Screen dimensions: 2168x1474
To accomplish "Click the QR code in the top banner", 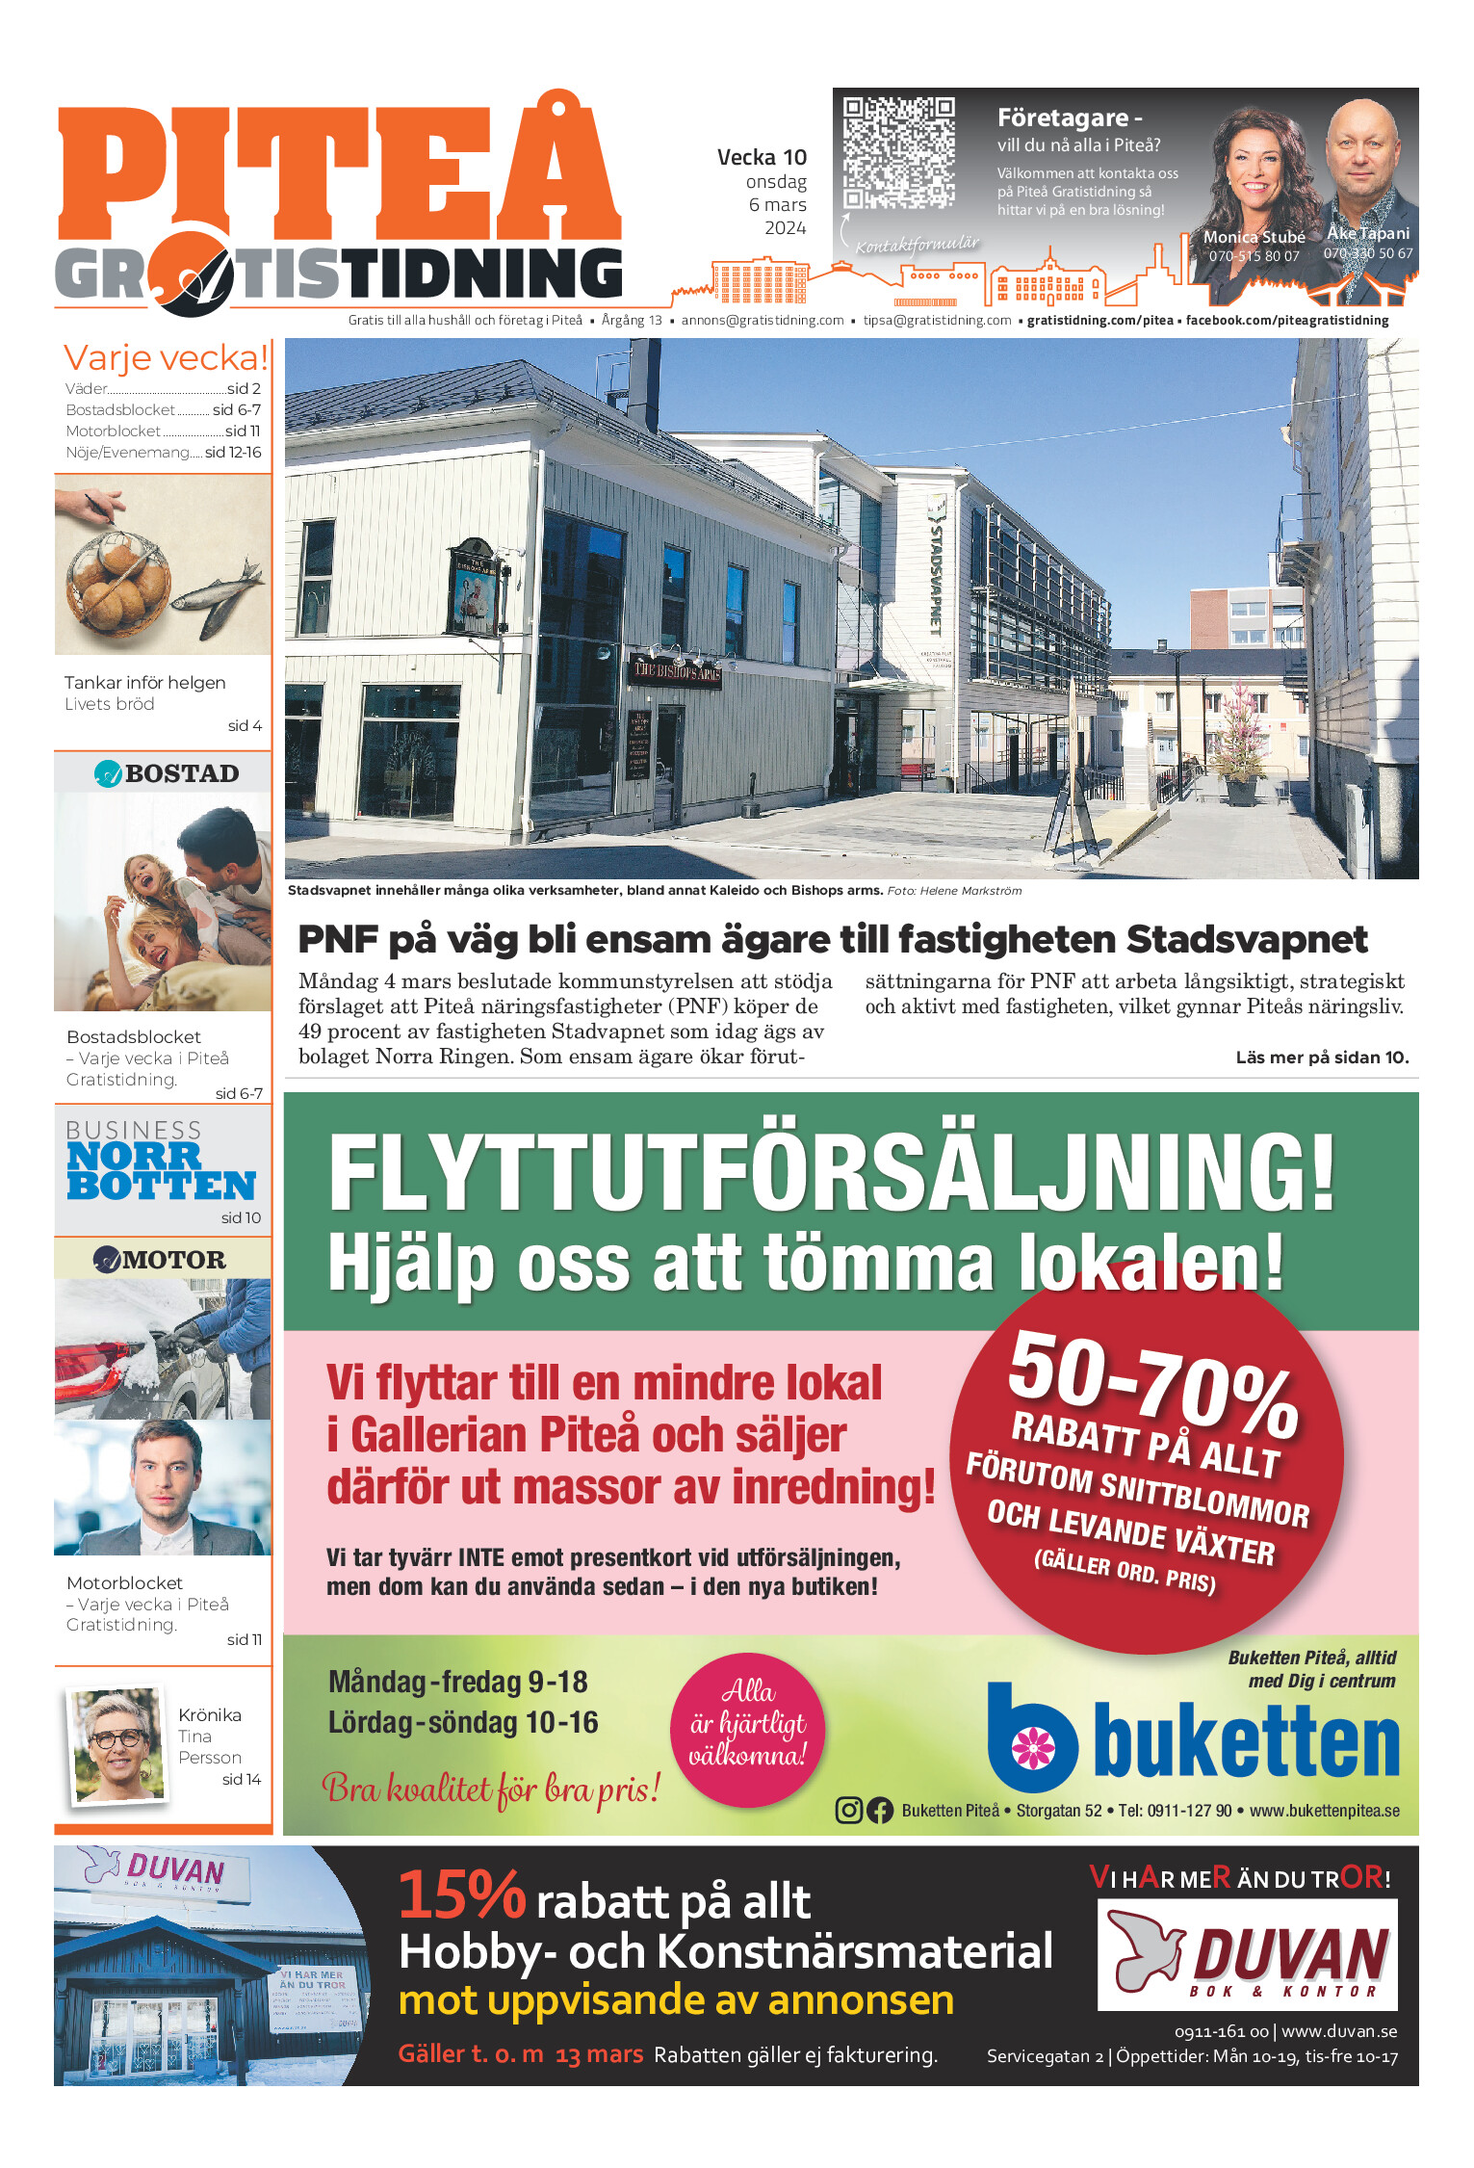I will point(898,151).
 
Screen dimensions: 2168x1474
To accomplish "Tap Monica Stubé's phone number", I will point(1254,256).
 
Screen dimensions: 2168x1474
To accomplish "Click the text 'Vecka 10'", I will point(762,157).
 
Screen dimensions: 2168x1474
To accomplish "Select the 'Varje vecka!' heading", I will point(166,358).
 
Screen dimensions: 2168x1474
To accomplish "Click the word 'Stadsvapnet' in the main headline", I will point(1246,939).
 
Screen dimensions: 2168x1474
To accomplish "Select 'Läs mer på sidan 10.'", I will point(1321,1058).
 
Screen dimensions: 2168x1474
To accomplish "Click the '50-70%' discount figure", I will point(1152,1382).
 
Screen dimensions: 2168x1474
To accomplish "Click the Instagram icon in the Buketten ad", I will point(848,1811).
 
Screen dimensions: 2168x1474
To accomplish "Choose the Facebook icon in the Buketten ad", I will point(880,1811).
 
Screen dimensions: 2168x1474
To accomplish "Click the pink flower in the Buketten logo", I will point(1033,1747).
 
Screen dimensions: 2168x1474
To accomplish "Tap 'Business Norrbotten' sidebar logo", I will point(161,1162).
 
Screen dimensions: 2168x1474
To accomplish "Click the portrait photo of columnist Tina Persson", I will point(118,1744).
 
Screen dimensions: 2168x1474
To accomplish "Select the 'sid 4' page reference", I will point(245,725).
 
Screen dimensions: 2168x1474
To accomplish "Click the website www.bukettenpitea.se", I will point(1324,1811).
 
